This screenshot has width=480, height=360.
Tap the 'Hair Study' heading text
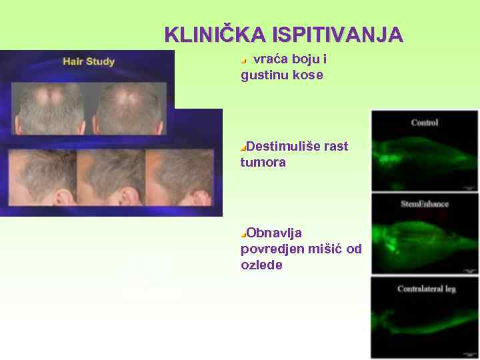coord(89,61)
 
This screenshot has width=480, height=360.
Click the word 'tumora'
coord(263,162)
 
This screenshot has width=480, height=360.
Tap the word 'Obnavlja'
coord(274,233)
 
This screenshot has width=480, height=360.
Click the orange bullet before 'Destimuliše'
coord(243,147)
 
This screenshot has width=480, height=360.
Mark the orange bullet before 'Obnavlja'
coord(243,233)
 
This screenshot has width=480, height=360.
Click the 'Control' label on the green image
coord(425,123)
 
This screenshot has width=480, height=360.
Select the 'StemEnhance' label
coord(425,204)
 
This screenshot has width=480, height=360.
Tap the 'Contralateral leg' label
coord(425,289)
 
